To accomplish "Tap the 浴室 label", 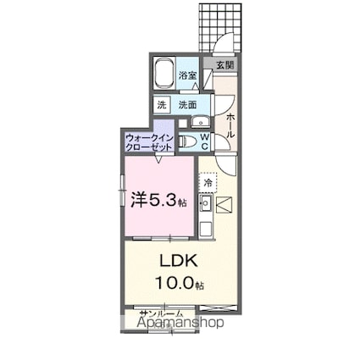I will tap(188, 76).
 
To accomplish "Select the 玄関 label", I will tap(224, 64).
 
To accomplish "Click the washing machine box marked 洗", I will tap(161, 105).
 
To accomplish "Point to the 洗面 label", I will tap(187, 105).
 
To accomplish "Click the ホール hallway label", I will tap(230, 119).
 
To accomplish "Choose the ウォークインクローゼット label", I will tap(149, 141).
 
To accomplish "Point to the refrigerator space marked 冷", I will tap(208, 182).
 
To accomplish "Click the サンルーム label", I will tap(161, 314).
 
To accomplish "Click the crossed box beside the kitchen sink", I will tap(224, 203).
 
